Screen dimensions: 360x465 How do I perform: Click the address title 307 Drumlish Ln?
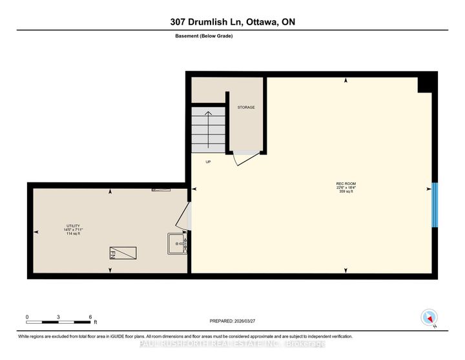232,22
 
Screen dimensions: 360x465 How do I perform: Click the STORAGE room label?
246,107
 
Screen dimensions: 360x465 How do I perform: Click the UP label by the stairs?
208,162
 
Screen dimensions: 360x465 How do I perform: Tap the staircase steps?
208,129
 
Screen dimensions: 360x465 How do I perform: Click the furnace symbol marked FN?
122,253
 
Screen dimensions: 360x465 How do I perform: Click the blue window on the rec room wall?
435,205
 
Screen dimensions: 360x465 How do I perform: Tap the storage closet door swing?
245,158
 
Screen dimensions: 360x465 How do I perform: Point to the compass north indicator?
429,317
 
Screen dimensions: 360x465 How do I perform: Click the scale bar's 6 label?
90,317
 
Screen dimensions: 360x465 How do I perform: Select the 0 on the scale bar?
27,317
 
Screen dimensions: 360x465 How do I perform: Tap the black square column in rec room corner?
427,85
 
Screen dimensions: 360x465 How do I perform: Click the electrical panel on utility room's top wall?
161,189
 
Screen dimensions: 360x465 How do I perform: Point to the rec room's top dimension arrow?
346,81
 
